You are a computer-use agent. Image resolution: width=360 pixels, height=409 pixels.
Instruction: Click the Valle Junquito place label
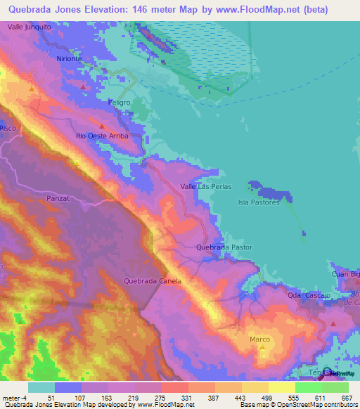pos(29,26)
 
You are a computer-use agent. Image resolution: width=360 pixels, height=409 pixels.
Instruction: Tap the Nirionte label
pos(70,59)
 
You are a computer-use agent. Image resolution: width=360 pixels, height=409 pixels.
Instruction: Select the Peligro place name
pos(120,103)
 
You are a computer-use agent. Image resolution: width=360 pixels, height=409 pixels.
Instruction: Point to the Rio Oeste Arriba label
pos(102,136)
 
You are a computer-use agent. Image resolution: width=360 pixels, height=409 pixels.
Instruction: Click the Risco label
pos(8,129)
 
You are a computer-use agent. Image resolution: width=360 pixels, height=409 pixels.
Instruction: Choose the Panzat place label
pos(57,199)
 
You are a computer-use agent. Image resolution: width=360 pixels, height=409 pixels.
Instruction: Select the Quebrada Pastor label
pos(224,247)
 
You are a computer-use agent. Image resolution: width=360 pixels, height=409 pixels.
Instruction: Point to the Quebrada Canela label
pos(153,281)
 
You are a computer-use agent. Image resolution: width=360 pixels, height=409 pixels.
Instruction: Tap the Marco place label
pos(259,339)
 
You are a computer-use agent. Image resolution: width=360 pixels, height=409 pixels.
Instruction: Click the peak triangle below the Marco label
pos(263,347)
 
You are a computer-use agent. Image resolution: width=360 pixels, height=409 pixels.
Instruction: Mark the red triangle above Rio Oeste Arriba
pos(102,127)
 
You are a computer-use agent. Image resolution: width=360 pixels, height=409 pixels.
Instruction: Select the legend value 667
pos(347,398)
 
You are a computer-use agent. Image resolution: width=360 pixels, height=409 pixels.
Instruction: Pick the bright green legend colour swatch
pos(309,387)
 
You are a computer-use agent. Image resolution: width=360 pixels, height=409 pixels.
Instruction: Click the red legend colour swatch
pos(175,387)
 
